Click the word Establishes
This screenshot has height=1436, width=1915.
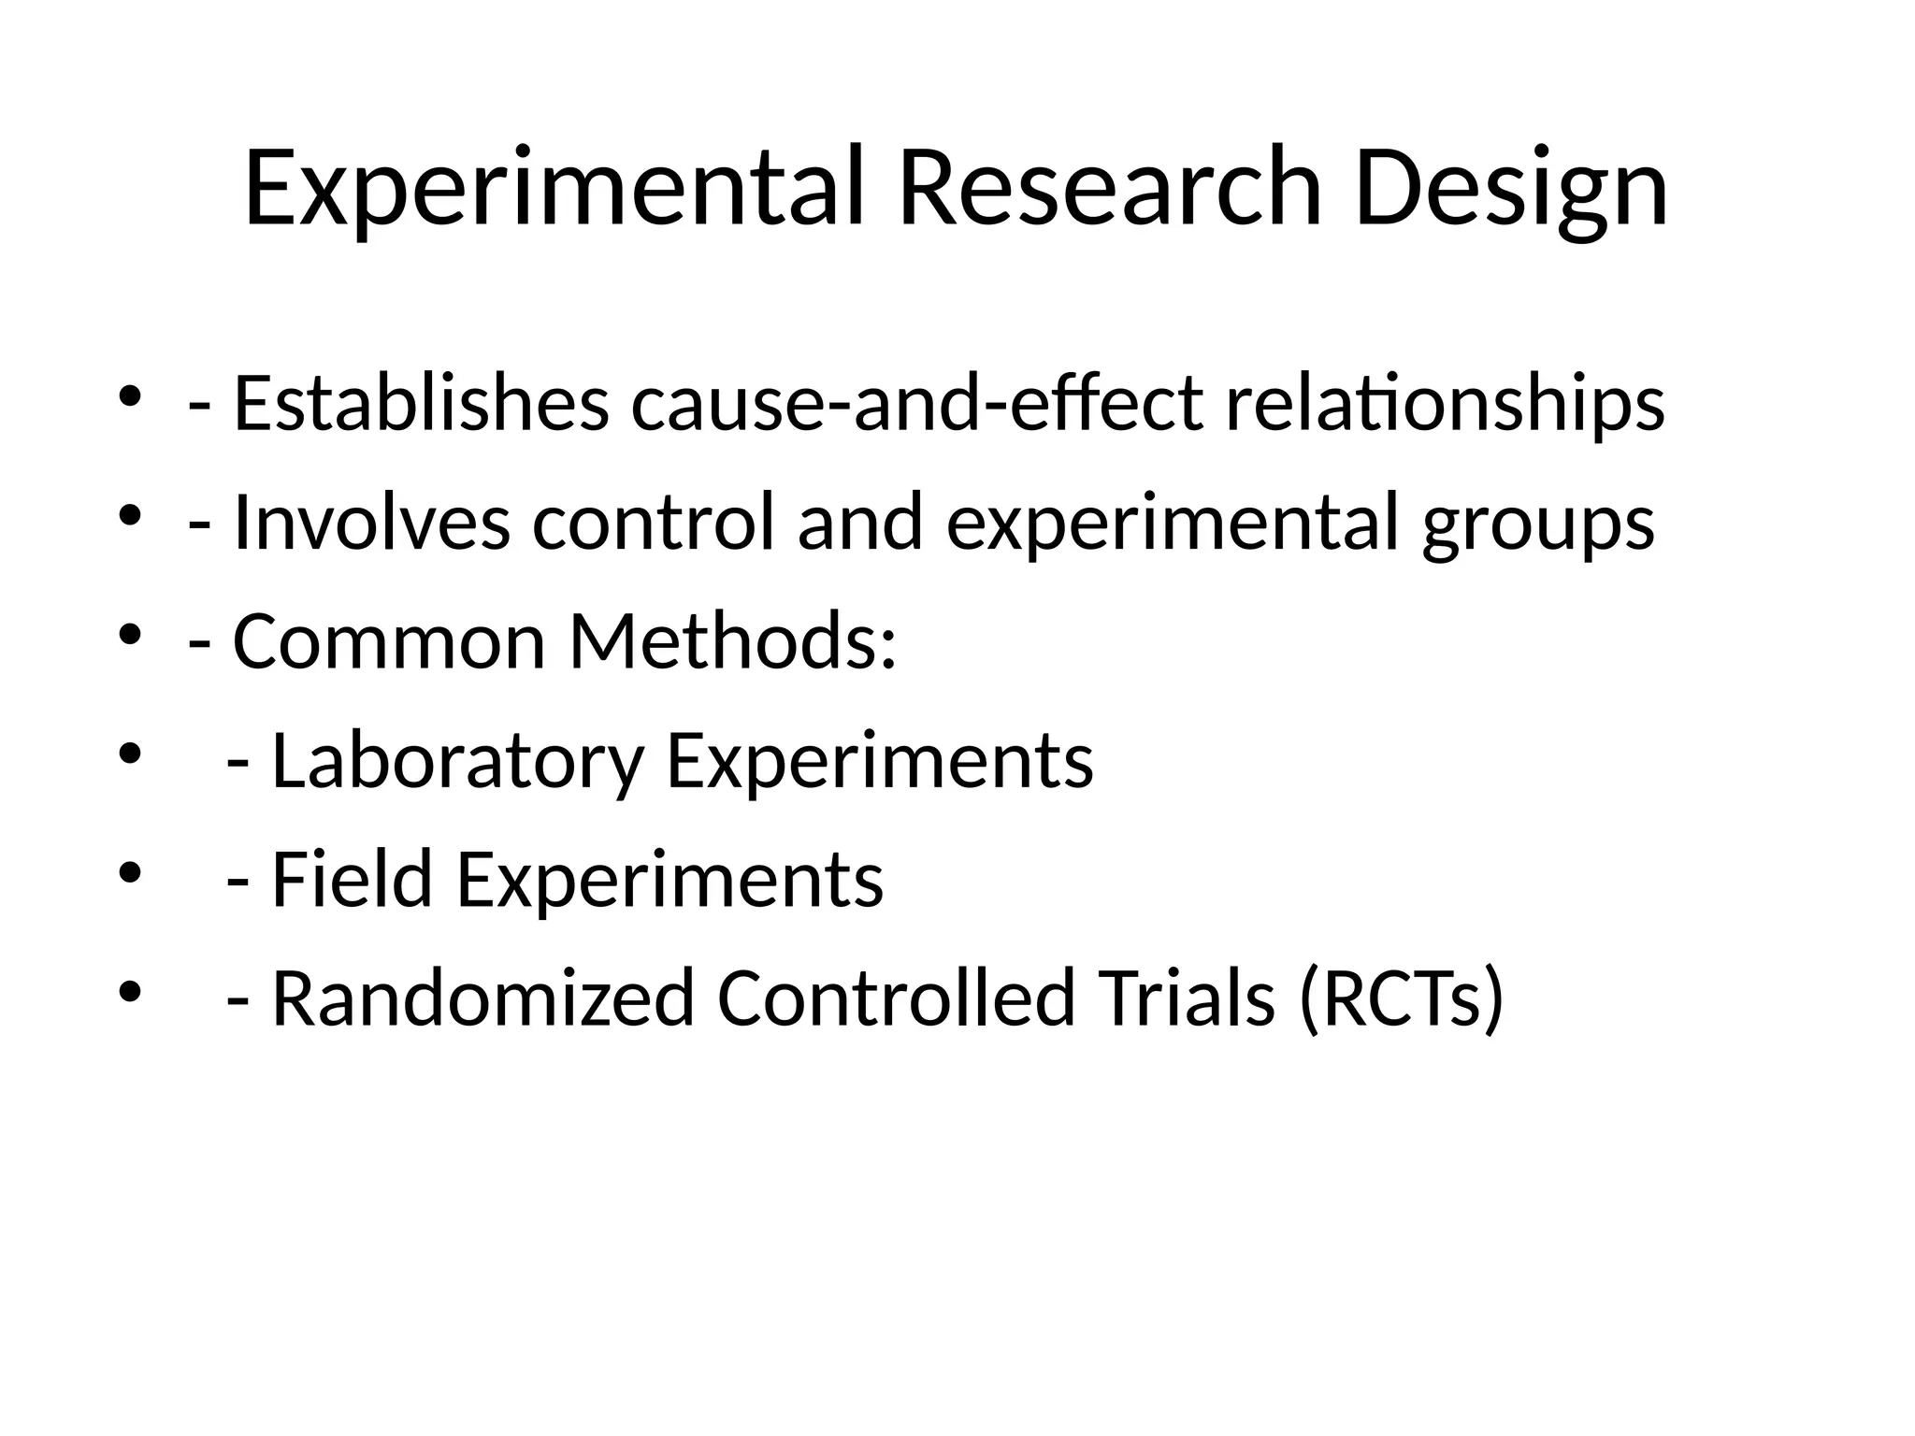coord(421,404)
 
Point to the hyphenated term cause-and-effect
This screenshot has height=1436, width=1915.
coord(917,404)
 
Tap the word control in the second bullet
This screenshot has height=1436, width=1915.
coord(654,523)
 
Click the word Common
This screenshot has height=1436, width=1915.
coord(388,642)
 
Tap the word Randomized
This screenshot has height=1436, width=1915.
coord(482,998)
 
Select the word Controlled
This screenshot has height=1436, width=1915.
coord(897,998)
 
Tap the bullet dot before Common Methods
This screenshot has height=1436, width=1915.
coord(129,635)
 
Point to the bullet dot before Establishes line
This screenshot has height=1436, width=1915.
coord(129,396)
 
